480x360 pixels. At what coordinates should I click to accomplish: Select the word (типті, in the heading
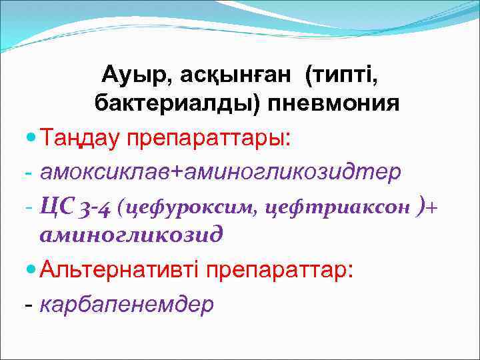click(x=342, y=75)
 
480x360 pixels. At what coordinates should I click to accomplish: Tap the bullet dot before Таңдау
click(x=30, y=138)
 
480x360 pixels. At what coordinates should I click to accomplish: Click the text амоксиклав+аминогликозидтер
click(x=220, y=172)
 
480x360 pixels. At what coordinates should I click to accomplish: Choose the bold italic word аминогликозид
click(x=131, y=235)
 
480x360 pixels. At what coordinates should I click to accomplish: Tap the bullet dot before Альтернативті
click(x=30, y=269)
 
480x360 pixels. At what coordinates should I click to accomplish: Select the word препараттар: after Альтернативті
click(x=279, y=270)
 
